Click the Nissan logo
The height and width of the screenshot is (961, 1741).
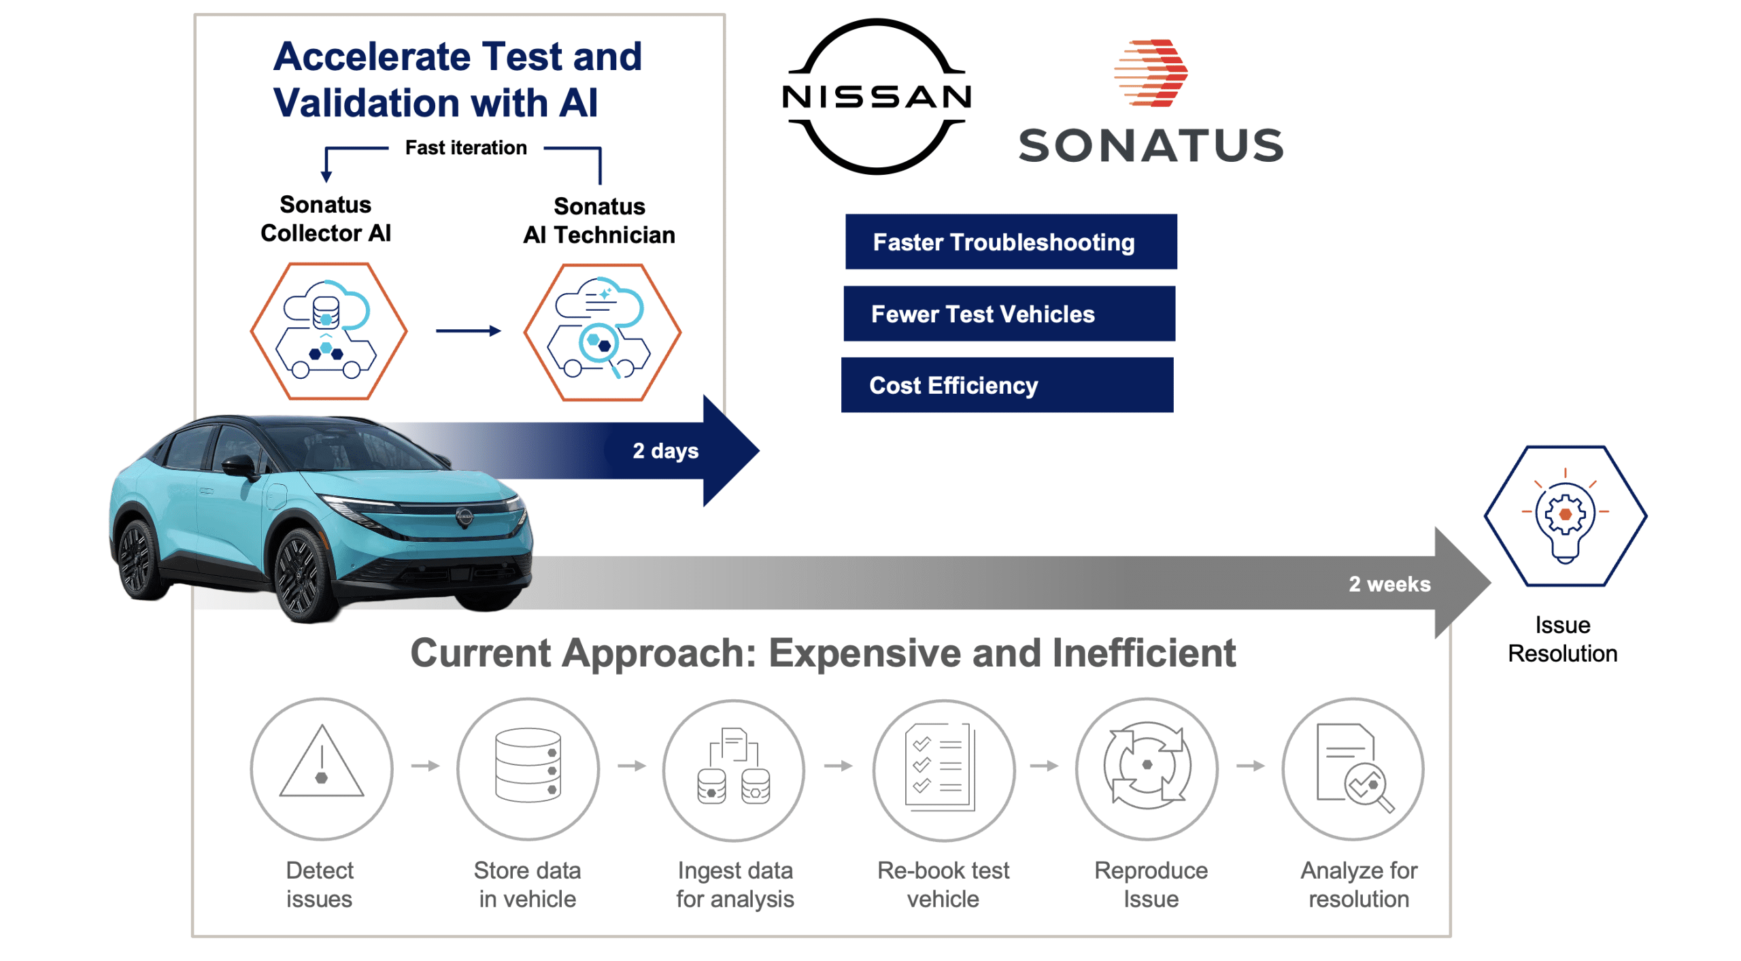(876, 97)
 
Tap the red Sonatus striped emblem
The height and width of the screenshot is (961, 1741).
(1151, 73)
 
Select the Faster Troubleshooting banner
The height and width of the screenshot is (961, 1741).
(1011, 242)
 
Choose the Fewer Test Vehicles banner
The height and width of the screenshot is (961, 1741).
(1009, 314)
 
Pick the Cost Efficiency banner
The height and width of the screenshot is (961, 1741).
(1007, 385)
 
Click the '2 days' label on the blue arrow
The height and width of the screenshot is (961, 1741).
(665, 450)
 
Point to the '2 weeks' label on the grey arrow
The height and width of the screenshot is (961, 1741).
(1389, 584)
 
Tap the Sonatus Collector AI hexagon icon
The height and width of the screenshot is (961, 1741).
(328, 331)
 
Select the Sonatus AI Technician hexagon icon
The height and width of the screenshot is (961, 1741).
(601, 332)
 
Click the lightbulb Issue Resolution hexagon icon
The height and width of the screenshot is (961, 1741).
(1565, 516)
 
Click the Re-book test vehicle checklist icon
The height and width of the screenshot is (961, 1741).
(943, 769)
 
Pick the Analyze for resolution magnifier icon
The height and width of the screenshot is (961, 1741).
(1353, 769)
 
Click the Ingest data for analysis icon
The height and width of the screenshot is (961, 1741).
(734, 769)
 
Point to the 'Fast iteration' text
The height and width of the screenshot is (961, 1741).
(466, 148)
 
